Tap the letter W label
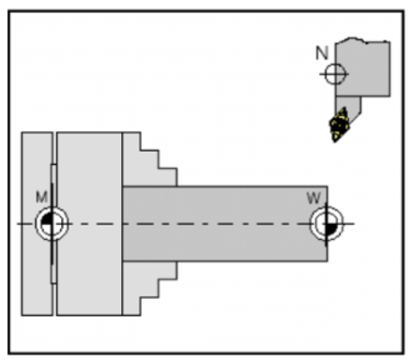click(312, 198)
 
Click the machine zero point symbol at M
click(50, 224)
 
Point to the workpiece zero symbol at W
click(324, 224)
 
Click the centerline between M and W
click(188, 224)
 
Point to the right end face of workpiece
click(327, 202)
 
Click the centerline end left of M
click(21, 224)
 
